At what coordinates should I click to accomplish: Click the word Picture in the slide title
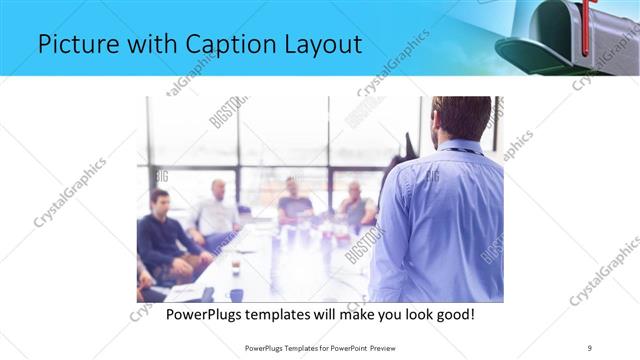(x=72, y=44)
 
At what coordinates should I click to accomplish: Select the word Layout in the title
(x=318, y=46)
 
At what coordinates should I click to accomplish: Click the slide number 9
(x=590, y=347)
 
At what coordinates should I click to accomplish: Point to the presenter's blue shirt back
(x=440, y=220)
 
